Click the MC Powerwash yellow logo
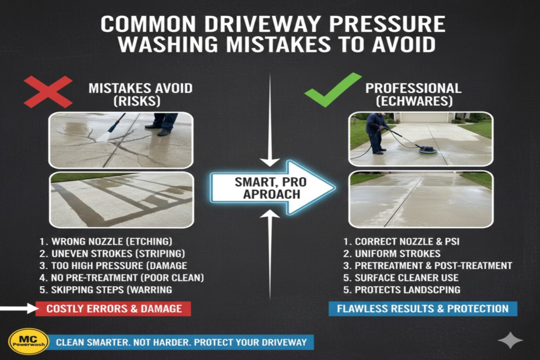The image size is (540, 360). (x=28, y=342)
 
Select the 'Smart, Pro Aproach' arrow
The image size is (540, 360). (x=272, y=188)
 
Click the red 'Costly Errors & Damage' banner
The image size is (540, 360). (x=113, y=309)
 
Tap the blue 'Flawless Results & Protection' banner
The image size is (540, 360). (x=422, y=309)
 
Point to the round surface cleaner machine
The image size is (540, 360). (x=428, y=150)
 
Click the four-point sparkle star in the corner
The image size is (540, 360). (x=510, y=340)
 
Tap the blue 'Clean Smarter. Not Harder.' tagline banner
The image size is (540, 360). (x=181, y=342)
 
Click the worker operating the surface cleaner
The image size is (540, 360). (x=377, y=132)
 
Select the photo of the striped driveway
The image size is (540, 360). (x=121, y=199)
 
